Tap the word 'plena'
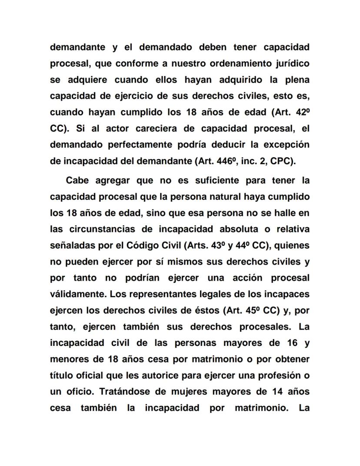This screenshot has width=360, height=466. [x=297, y=80]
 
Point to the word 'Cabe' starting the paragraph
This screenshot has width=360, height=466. [x=77, y=181]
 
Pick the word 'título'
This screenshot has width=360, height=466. [x=60, y=375]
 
